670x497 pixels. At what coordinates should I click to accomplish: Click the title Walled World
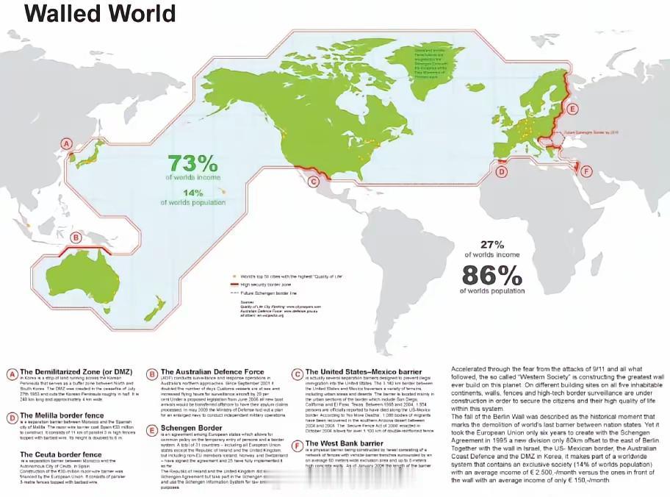(101, 13)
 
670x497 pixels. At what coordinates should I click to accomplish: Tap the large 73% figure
(193, 164)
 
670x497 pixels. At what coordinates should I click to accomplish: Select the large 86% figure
(491, 275)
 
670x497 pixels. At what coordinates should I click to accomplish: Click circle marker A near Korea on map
(68, 144)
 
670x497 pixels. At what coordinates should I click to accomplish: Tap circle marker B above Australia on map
(75, 237)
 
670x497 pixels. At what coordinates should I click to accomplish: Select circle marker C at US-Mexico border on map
(313, 182)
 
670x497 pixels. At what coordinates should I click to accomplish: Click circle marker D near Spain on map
(502, 172)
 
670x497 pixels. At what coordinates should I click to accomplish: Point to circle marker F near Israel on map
(586, 171)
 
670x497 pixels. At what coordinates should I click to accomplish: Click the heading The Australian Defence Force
(212, 372)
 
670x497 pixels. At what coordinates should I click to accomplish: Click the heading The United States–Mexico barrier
(364, 372)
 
